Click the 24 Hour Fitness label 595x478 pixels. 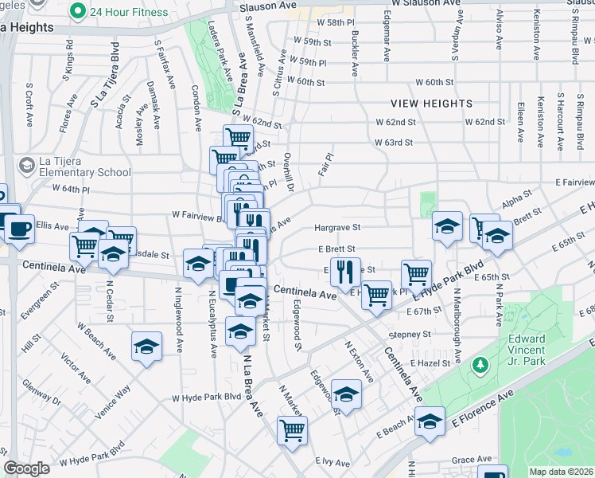pos(130,12)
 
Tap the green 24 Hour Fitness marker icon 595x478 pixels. pos(77,12)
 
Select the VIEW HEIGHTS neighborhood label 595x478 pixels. pos(432,104)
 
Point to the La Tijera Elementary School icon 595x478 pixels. pos(26,165)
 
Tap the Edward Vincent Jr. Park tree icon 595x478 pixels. pos(480,365)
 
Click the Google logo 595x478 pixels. pos(26,468)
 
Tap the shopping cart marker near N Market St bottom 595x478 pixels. pos(292,430)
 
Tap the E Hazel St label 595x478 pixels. pos(434,362)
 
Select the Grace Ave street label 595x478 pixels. pos(472,460)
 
